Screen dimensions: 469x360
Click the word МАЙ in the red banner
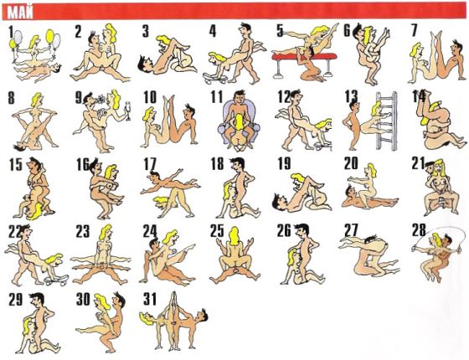[x=20, y=13]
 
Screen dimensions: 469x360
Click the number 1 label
[x=12, y=32]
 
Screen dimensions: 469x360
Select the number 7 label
[x=415, y=30]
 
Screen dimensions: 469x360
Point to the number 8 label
[x=11, y=98]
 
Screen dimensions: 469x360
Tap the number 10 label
[x=150, y=97]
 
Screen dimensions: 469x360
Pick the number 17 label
[x=150, y=164]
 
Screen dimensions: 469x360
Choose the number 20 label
[x=351, y=163]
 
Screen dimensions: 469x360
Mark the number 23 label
[x=83, y=231]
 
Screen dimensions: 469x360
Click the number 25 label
[x=217, y=230]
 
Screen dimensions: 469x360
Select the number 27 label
[x=351, y=230]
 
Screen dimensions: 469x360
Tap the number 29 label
[x=16, y=300]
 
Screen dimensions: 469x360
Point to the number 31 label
[x=150, y=299]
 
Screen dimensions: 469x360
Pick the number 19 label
[x=284, y=163]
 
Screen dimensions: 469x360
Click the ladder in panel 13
[x=387, y=121]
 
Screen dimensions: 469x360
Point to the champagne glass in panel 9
[x=128, y=111]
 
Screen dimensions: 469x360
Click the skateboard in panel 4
[x=214, y=77]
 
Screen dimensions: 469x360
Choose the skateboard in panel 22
[x=57, y=280]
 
